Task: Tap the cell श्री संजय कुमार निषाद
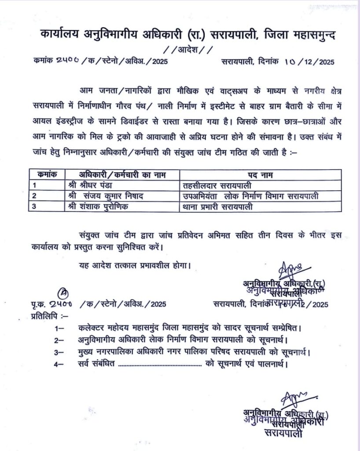(108, 195)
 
